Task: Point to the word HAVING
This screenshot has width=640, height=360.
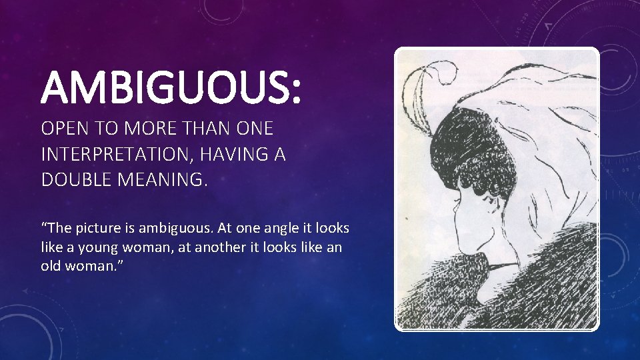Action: pyautogui.click(x=247, y=155)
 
